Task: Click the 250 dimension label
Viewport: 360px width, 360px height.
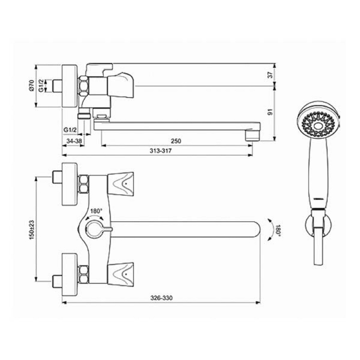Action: pos(176,141)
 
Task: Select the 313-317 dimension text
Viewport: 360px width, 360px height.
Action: pos(160,151)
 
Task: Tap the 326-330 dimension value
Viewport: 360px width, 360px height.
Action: pos(161,298)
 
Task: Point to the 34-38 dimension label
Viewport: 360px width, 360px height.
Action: pos(74,141)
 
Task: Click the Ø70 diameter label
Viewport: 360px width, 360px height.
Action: pos(31,85)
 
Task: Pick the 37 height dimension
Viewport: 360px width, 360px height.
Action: pos(271,75)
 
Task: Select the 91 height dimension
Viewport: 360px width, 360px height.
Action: pos(271,112)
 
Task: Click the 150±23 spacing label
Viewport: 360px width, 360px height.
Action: pos(31,230)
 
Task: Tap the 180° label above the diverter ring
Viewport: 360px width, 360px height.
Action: pos(96,211)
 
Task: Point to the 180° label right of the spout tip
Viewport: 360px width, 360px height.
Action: pos(278,230)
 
